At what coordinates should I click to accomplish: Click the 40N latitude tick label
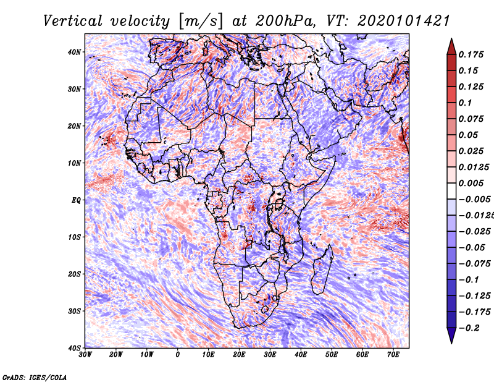pyautogui.click(x=74, y=52)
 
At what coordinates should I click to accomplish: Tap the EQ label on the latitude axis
pyautogui.click(x=76, y=200)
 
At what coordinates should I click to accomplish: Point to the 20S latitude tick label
pyautogui.click(x=74, y=274)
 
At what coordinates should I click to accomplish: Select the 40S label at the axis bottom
pyautogui.click(x=74, y=348)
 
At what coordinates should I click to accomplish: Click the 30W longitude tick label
pyautogui.click(x=85, y=355)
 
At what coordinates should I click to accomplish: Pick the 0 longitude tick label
pyautogui.click(x=178, y=355)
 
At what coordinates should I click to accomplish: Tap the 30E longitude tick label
pyautogui.click(x=270, y=355)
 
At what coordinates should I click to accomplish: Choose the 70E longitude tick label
pyautogui.click(x=393, y=355)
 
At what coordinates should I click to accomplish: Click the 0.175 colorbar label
pyautogui.click(x=471, y=54)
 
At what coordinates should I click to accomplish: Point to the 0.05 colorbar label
pyautogui.click(x=468, y=135)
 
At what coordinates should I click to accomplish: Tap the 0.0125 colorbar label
pyautogui.click(x=474, y=167)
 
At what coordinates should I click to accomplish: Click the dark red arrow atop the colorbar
pyautogui.click(x=451, y=47)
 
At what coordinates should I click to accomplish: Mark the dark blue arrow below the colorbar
pyautogui.click(x=451, y=336)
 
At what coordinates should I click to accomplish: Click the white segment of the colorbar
pyautogui.click(x=451, y=191)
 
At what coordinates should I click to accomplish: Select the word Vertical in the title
pyautogui.click(x=73, y=21)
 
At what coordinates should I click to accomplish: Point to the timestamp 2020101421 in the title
pyautogui.click(x=404, y=21)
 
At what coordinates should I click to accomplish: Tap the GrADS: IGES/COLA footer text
pyautogui.click(x=35, y=377)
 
